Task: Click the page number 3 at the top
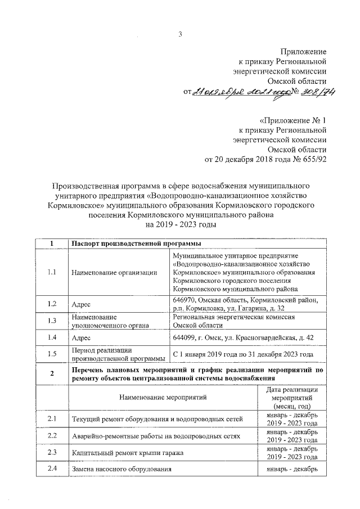click(x=180, y=34)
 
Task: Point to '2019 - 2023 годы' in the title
click(x=180, y=224)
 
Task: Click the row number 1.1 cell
click(x=52, y=272)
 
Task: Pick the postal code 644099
click(x=187, y=337)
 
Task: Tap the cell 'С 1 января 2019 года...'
click(x=242, y=354)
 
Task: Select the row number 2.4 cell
click(x=52, y=468)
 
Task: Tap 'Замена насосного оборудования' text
click(x=121, y=469)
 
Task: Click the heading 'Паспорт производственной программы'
click(x=137, y=243)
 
